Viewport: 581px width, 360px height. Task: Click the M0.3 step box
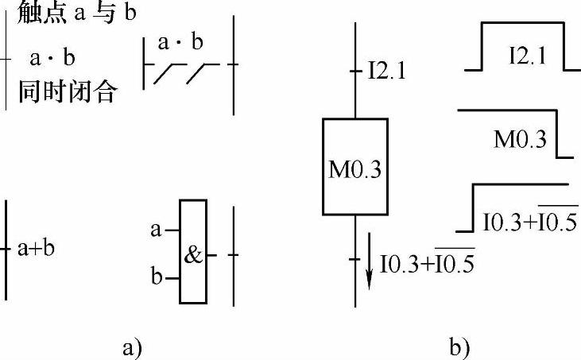coord(354,168)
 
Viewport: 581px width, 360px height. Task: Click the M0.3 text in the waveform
coord(520,140)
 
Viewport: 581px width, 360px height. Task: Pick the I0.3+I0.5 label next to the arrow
coord(428,261)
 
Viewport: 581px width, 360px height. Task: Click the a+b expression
coord(37,248)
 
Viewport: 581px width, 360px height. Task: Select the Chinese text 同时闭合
coord(68,93)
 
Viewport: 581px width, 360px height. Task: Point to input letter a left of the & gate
coord(156,230)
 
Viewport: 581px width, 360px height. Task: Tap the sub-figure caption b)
coord(459,347)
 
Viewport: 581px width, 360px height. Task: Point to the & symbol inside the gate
coord(193,255)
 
